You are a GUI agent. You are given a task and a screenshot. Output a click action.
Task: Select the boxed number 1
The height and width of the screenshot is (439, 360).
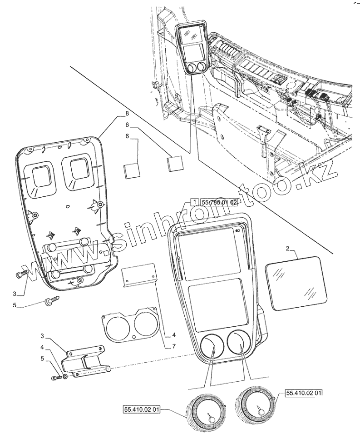click(x=193, y=203)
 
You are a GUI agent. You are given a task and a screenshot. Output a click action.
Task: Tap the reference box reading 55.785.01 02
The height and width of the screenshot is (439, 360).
click(x=219, y=203)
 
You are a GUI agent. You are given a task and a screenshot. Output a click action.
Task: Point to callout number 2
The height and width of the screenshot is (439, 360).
click(x=287, y=248)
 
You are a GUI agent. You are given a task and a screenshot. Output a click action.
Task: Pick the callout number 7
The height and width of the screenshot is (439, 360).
click(x=174, y=347)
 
